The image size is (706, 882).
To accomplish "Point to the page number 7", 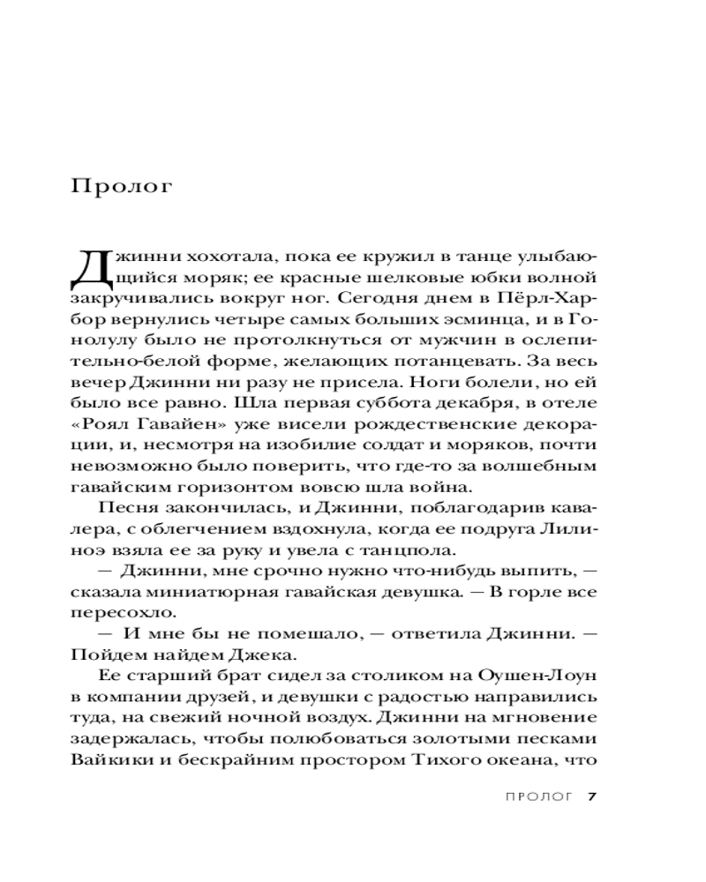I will coord(593,797).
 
